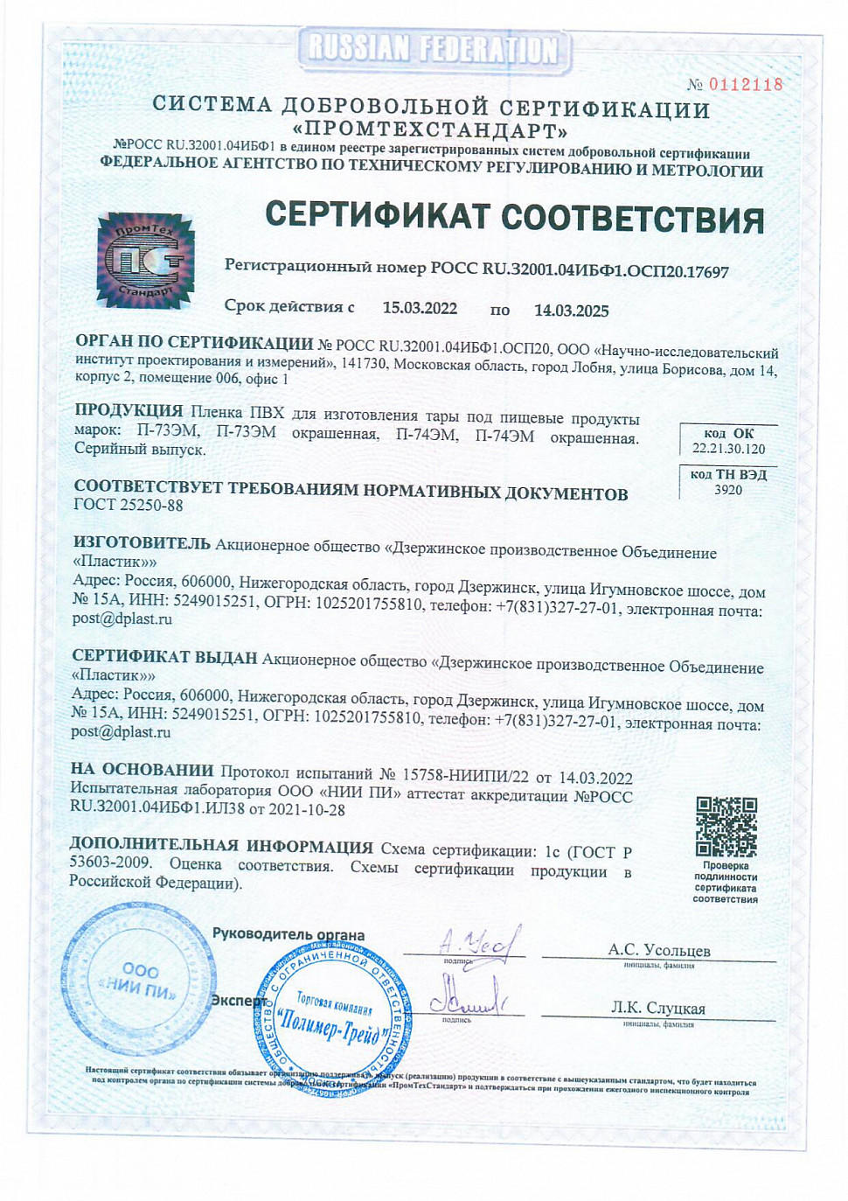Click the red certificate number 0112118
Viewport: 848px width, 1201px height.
click(x=745, y=85)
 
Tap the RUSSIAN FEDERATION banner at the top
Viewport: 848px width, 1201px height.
click(x=434, y=49)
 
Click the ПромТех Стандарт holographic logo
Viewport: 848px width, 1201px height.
click(x=144, y=260)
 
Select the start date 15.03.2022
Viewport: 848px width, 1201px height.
click(x=420, y=308)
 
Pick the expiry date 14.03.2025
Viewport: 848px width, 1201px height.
click(x=571, y=311)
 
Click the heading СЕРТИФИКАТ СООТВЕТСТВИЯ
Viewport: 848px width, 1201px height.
click(x=514, y=217)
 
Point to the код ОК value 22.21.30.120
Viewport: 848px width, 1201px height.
click(x=728, y=449)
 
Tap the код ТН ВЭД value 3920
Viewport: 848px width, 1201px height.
click(x=727, y=490)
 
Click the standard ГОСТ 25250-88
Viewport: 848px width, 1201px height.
click(x=129, y=505)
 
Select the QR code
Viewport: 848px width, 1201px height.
click(x=726, y=827)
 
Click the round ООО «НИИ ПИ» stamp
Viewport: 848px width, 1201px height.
click(x=139, y=980)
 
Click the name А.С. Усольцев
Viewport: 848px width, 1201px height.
click(x=658, y=950)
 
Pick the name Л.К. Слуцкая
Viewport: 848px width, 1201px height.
click(x=657, y=1008)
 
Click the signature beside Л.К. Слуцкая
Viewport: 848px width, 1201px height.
click(x=465, y=997)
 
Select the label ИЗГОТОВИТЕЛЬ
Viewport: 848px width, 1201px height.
click(x=142, y=543)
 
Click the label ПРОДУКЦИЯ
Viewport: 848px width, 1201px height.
click(x=129, y=410)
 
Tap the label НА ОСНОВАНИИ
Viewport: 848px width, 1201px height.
click(x=142, y=770)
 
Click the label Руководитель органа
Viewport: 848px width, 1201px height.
click(x=288, y=934)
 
